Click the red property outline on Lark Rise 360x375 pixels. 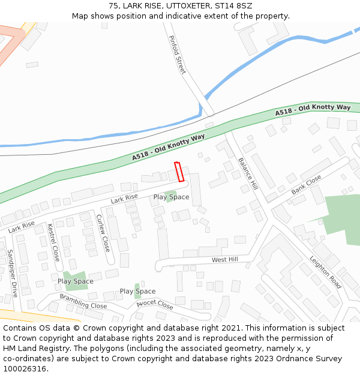178,172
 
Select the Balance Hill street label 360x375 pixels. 248,173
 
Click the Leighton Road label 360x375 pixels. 325,272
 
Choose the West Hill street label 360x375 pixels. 224,260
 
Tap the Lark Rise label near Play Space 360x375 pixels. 124,197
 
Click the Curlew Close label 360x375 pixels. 103,233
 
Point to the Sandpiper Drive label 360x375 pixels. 13,273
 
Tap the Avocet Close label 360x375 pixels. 154,304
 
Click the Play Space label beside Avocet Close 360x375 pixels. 137,292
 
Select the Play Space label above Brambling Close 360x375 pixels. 76,281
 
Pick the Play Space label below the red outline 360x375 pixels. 171,197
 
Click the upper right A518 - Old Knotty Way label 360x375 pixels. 313,110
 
